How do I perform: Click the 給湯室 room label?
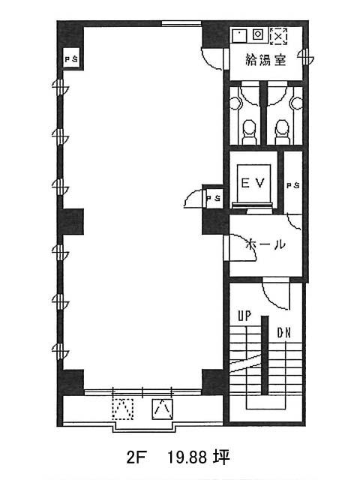point(265,60)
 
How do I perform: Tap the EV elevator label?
point(253,183)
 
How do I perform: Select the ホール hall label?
point(265,244)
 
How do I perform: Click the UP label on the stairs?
point(244,316)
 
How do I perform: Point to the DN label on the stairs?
point(283,333)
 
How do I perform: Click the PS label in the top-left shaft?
point(72,59)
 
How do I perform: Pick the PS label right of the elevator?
point(293,185)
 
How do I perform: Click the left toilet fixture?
point(250,132)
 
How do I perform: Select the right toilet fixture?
point(283,132)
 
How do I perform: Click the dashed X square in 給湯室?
point(278,36)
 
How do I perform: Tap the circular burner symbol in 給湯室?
point(258,34)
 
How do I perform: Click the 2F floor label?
point(135,457)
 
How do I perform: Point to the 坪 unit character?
point(221,457)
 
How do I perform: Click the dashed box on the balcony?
point(123,409)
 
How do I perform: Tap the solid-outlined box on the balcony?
point(163,409)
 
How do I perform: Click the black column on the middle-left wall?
point(70,222)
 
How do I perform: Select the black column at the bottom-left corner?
point(71,382)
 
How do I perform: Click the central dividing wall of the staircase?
point(265,355)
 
